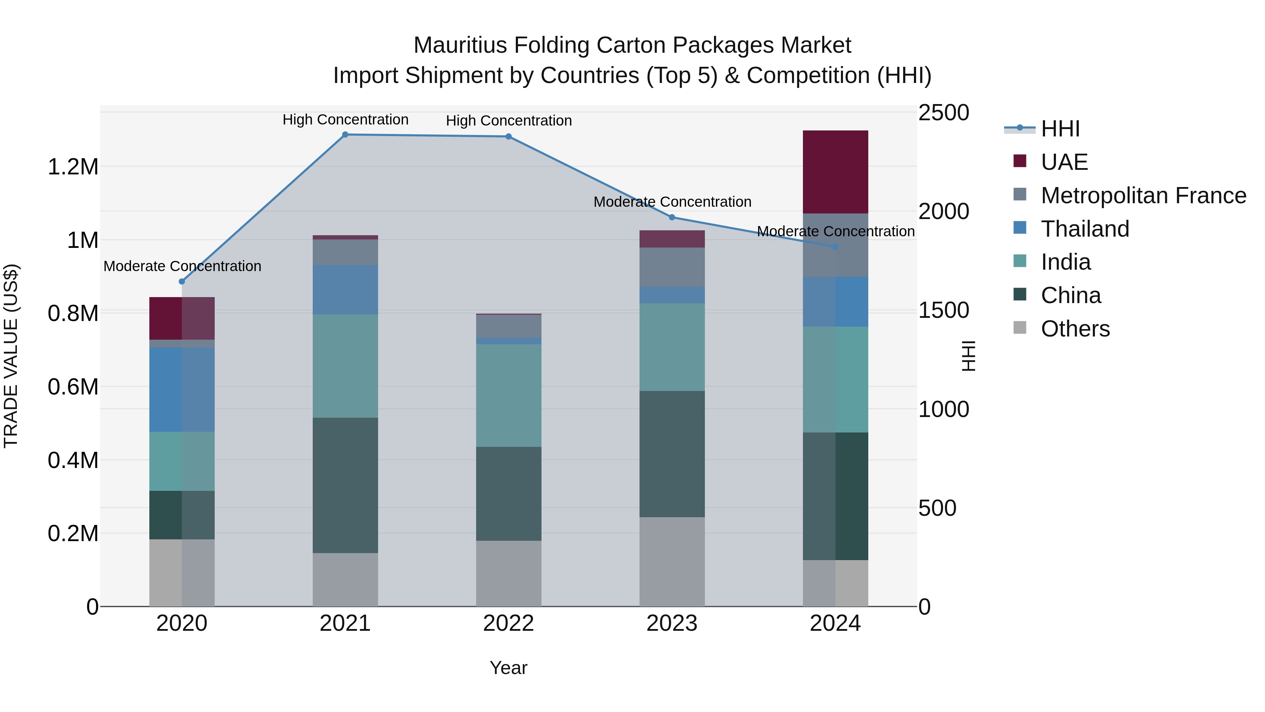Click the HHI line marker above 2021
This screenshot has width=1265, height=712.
345,135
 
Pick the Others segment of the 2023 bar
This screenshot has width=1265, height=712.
672,561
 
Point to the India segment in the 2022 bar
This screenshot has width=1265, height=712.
509,395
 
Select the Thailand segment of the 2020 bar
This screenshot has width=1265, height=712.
182,389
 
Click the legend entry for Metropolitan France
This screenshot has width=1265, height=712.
1143,195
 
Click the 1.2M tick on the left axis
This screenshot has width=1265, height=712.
73,167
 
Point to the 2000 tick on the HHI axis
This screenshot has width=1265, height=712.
943,211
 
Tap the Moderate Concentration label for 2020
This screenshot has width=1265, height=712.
182,266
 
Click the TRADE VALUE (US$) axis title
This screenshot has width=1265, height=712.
11,356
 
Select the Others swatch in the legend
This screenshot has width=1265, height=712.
1020,328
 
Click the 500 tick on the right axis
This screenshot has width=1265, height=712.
937,508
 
